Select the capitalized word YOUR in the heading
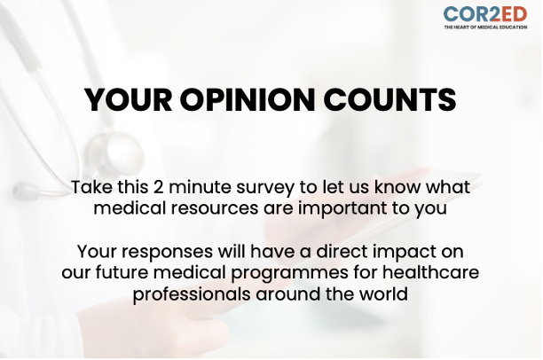click(130, 100)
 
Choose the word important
click(333, 209)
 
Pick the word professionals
click(193, 293)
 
